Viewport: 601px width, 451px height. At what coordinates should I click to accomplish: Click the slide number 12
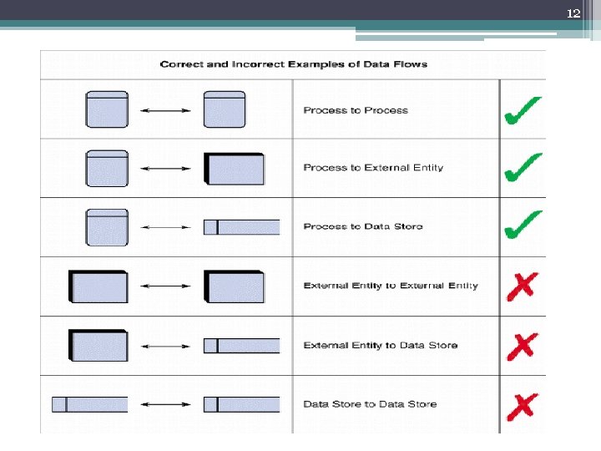(573, 13)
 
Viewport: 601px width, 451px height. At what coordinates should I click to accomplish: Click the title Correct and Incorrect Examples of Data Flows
(293, 64)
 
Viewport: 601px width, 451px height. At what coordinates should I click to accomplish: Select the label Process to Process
(356, 110)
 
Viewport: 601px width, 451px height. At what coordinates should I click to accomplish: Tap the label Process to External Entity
(373, 168)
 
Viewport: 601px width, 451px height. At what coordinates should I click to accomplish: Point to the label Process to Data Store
(363, 226)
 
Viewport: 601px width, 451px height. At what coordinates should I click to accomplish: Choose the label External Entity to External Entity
(391, 286)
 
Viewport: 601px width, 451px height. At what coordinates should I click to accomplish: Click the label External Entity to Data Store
(381, 345)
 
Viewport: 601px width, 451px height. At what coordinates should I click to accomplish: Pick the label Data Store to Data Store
(370, 404)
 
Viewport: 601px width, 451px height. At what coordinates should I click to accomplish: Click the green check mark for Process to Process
(523, 110)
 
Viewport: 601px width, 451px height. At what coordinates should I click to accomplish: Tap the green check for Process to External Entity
(523, 168)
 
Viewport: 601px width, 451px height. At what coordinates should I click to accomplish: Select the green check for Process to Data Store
(523, 225)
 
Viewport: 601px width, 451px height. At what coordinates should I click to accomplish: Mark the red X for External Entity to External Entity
(522, 286)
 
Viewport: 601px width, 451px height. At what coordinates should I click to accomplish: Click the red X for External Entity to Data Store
(522, 345)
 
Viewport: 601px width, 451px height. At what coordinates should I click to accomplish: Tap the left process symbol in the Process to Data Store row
(107, 227)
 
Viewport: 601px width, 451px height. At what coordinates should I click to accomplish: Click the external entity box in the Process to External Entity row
(235, 169)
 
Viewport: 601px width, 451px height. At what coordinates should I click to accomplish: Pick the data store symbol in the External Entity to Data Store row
(241, 345)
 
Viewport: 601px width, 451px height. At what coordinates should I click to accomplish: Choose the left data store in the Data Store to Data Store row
(90, 404)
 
